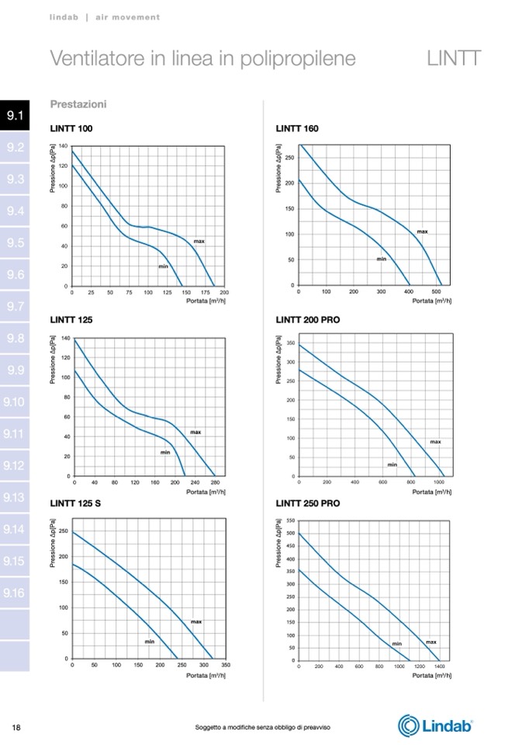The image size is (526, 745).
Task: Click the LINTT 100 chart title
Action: [71, 128]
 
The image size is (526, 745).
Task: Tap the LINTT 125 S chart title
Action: [76, 503]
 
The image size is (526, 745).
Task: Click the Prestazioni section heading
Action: [78, 104]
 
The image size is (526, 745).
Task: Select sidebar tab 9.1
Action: [15, 116]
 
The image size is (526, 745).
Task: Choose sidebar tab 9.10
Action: [15, 402]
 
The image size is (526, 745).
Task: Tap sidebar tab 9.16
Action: [15, 594]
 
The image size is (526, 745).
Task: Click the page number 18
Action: [16, 727]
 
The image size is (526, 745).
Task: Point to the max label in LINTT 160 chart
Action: [422, 232]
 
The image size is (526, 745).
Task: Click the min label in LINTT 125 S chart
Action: [150, 642]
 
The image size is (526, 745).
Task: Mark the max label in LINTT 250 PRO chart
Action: [431, 642]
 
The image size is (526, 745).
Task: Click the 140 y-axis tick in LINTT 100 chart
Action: [64, 146]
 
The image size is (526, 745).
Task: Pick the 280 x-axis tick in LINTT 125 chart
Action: [214, 482]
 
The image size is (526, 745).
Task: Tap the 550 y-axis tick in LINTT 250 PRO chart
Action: [290, 520]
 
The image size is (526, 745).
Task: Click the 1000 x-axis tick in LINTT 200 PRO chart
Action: [439, 482]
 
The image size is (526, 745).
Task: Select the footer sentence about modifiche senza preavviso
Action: [263, 727]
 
